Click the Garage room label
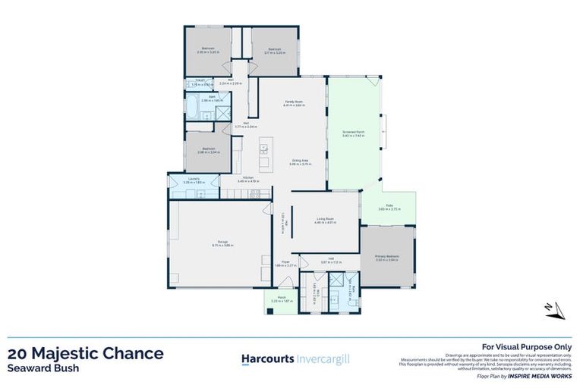[220, 242]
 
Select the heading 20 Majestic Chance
[85, 353]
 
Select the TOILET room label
[200, 82]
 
